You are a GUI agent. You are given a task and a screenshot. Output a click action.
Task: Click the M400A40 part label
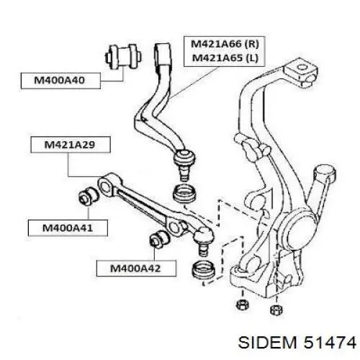point(60,81)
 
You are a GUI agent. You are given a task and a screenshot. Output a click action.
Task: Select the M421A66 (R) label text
point(225,44)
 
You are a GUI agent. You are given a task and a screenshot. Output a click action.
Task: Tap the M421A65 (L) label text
point(225,58)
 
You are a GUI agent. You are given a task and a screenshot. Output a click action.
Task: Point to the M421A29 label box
point(71,145)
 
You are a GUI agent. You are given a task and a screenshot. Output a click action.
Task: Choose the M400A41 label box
point(68,228)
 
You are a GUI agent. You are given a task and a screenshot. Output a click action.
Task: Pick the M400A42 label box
point(136,269)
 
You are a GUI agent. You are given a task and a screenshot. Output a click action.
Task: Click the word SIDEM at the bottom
point(268,342)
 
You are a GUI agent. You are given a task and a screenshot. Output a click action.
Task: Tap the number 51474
point(330,342)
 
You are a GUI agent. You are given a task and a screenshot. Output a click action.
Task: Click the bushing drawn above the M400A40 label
point(123,57)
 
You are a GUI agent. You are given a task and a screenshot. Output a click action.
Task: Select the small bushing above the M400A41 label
point(89,196)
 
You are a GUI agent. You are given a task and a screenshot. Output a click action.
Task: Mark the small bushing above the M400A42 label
point(160,238)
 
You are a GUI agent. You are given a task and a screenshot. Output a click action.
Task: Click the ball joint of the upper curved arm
point(184,163)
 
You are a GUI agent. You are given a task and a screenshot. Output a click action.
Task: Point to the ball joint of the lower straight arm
point(204,240)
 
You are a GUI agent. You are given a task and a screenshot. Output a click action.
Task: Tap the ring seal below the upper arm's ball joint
point(184,193)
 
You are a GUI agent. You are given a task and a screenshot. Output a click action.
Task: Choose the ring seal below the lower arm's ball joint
point(204,270)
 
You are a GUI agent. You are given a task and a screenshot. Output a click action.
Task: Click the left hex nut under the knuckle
point(243,305)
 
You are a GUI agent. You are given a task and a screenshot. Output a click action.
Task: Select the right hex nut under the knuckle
point(276,310)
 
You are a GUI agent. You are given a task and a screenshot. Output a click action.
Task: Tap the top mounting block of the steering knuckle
point(301,72)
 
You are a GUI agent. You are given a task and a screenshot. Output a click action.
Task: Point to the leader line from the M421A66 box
point(194,82)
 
